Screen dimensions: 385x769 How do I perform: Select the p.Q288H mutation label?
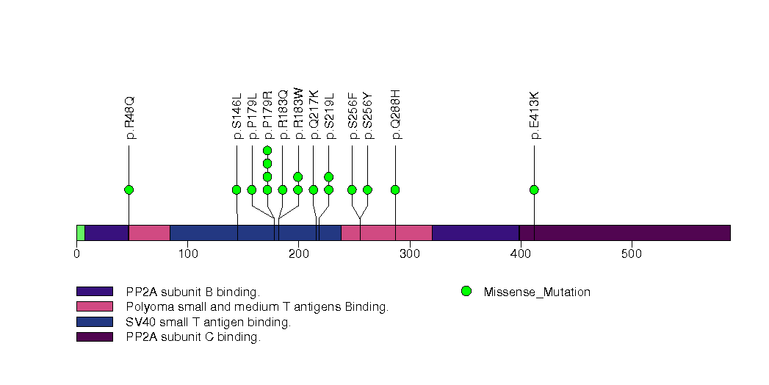(x=395, y=114)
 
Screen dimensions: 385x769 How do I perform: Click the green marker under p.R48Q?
(x=129, y=190)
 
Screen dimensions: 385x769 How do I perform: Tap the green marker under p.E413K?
(x=534, y=190)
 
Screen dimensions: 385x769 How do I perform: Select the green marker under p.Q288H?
(x=395, y=190)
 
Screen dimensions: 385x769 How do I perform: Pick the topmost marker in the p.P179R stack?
(x=267, y=151)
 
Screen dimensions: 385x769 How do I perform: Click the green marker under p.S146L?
(x=237, y=190)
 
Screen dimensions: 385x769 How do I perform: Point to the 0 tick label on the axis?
(x=76, y=254)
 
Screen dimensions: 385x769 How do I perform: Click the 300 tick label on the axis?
(x=409, y=254)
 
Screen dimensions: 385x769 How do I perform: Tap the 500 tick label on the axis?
(x=631, y=254)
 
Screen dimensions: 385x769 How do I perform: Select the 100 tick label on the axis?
(x=187, y=254)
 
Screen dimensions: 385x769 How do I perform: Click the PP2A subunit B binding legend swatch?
(x=94, y=292)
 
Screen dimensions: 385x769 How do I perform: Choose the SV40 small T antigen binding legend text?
(x=209, y=322)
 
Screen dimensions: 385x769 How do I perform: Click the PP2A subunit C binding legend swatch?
(x=94, y=337)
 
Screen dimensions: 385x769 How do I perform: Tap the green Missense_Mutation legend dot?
(x=466, y=292)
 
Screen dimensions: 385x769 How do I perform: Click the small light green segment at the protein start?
(x=80, y=233)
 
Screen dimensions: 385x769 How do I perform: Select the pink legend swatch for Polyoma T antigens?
(x=94, y=306)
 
